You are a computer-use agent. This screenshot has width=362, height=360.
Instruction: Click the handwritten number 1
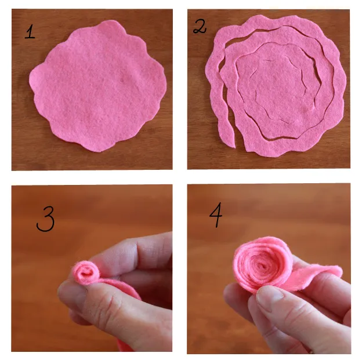click(x=30, y=32)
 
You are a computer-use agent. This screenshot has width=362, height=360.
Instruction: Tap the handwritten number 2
click(x=200, y=26)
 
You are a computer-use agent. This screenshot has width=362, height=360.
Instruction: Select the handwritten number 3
click(x=46, y=219)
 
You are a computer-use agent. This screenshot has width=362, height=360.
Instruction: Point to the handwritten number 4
click(x=216, y=215)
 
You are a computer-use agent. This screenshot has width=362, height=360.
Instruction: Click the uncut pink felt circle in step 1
click(x=98, y=86)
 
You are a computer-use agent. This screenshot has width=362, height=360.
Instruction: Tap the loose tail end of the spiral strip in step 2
click(x=229, y=139)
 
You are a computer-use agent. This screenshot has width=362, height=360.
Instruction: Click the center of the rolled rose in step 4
click(x=263, y=266)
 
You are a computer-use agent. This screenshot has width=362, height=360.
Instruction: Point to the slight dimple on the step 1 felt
click(x=123, y=79)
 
